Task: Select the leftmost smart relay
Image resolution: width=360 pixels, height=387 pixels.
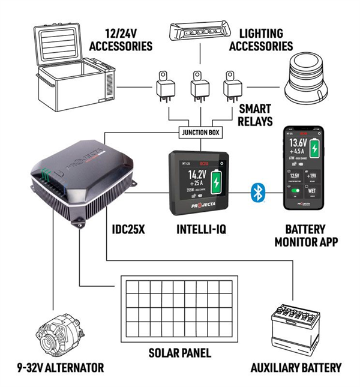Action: (x=163, y=86)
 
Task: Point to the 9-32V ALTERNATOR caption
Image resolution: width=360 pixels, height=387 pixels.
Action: (x=60, y=367)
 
